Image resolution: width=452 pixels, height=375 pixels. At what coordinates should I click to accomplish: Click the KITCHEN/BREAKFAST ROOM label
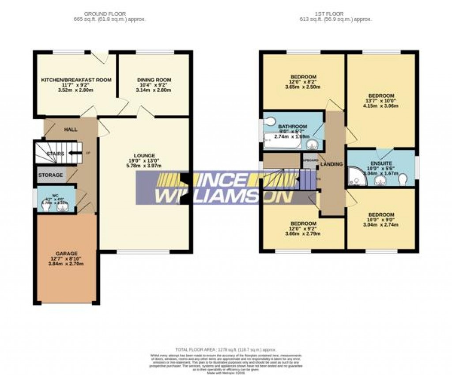click(x=76, y=80)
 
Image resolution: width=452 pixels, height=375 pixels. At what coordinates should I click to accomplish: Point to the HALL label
click(x=71, y=129)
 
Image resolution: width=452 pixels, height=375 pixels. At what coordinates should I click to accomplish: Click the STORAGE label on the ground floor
click(x=51, y=175)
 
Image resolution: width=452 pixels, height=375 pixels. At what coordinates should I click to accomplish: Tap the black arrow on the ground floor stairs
click(x=74, y=154)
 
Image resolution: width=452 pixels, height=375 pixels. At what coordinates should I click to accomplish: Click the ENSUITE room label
click(x=381, y=162)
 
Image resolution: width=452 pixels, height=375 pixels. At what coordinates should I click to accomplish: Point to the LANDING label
click(x=331, y=164)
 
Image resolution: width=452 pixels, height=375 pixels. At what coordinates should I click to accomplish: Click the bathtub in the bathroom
click(x=282, y=141)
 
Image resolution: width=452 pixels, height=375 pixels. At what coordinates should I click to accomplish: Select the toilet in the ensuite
click(x=402, y=180)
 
